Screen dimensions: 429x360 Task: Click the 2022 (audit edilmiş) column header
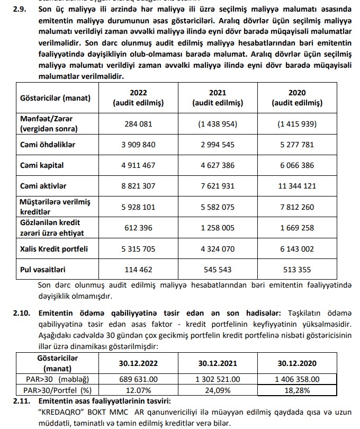click(138, 98)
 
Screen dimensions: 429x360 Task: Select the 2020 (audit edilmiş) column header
click(297, 98)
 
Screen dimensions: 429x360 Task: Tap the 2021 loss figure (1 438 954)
click(218, 124)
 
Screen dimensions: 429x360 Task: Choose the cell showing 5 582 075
click(218, 207)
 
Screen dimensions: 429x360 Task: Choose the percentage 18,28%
click(297, 390)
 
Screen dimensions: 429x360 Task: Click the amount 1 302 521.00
click(218, 379)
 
